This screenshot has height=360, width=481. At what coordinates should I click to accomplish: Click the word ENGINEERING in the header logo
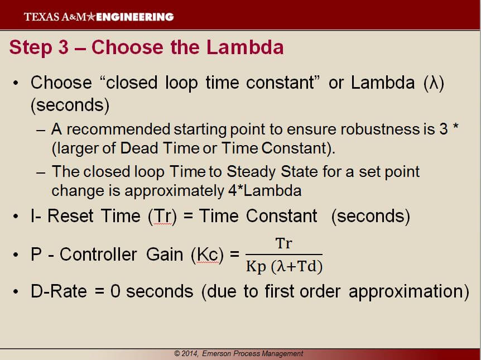[x=135, y=17]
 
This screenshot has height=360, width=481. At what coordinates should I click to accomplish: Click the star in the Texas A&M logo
[x=92, y=17]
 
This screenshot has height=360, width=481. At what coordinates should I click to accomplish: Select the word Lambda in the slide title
[x=245, y=47]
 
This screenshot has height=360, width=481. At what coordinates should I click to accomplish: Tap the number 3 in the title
[x=62, y=47]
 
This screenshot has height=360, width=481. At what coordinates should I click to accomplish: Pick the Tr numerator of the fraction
[x=284, y=244]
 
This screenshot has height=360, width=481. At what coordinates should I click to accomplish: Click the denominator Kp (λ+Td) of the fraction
[x=284, y=267]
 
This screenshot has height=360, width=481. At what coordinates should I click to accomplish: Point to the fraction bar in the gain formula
[x=284, y=255]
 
